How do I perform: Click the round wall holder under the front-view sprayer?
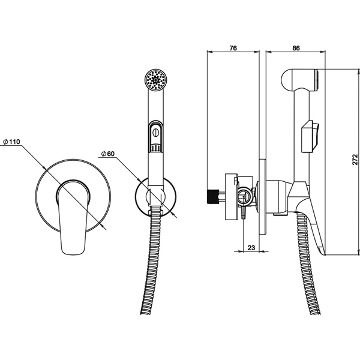[155, 197]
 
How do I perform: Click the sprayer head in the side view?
[298, 80]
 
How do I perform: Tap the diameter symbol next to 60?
[104, 154]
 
